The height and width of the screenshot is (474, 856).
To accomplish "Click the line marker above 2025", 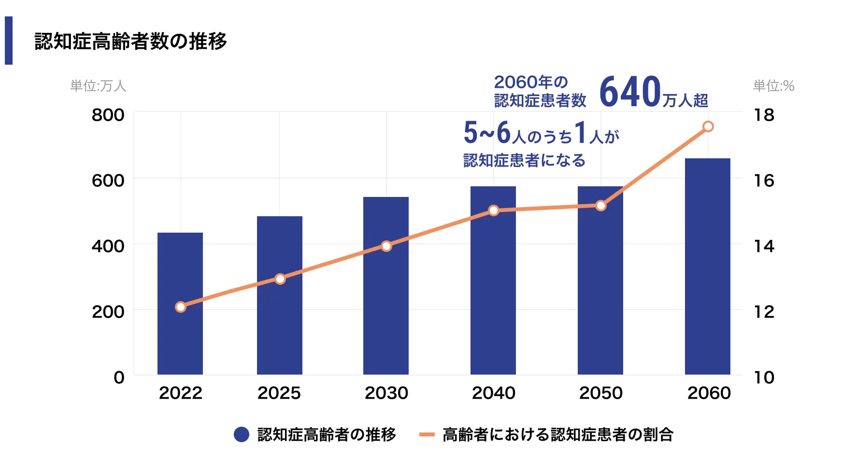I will click(x=280, y=279).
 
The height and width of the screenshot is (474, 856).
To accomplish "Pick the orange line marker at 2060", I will click(x=708, y=126).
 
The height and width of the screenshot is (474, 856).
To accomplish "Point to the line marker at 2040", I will click(x=494, y=210).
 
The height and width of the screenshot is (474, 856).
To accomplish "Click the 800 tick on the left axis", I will click(x=108, y=115).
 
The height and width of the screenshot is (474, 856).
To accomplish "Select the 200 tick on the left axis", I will click(x=108, y=312).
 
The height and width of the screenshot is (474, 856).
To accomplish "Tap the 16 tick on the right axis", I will click(x=764, y=181).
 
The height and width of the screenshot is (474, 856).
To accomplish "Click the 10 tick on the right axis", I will click(x=764, y=377).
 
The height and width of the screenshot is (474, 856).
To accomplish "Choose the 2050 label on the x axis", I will click(x=601, y=393).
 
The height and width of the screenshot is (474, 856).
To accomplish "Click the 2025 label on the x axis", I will click(x=279, y=393).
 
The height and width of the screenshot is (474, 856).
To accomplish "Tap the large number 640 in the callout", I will click(x=629, y=92).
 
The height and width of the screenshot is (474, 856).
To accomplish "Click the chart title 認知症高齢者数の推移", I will click(x=130, y=41).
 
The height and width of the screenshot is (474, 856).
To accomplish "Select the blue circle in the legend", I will click(x=242, y=434).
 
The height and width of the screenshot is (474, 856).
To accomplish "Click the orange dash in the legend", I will click(x=427, y=434).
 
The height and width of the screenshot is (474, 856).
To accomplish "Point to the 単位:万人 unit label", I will click(x=98, y=86).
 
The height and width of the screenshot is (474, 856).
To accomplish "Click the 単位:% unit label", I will click(x=773, y=86).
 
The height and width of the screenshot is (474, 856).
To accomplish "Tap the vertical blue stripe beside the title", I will click(x=9, y=41).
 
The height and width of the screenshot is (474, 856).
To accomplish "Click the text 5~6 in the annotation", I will click(x=487, y=133).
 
